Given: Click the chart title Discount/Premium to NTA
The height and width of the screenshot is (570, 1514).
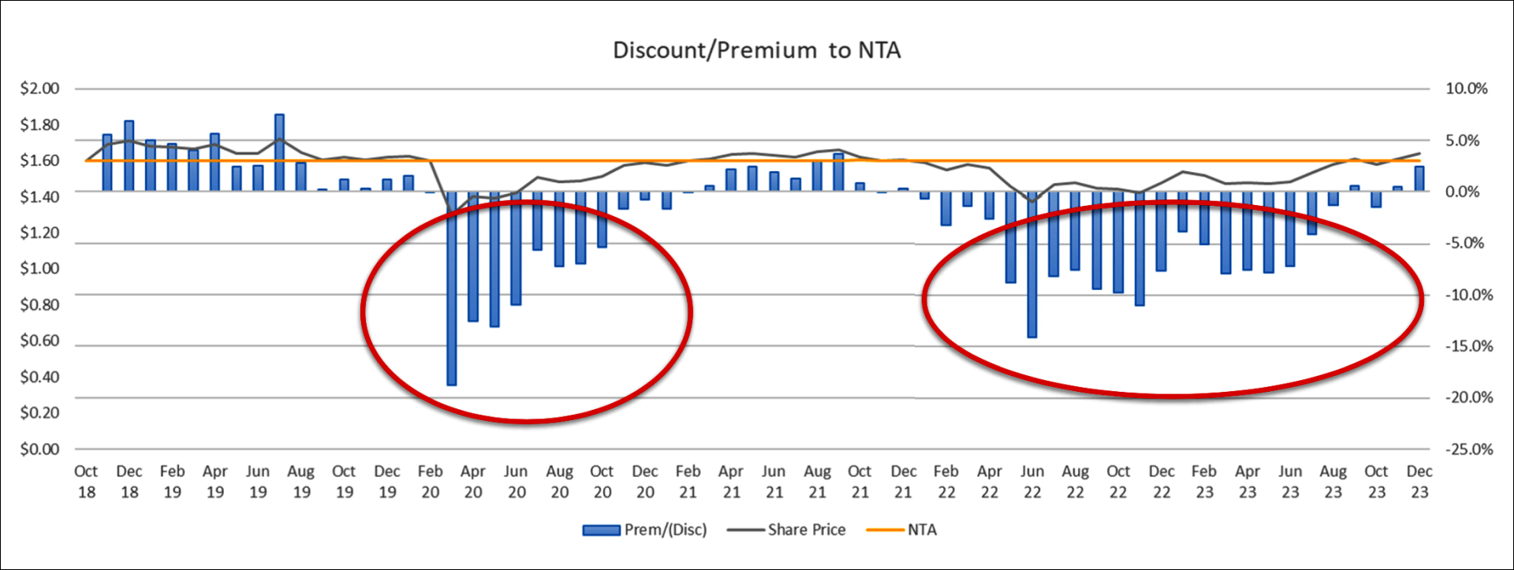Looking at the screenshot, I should pos(756,50).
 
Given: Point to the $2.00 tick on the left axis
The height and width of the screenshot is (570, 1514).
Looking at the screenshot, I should pos(39,88).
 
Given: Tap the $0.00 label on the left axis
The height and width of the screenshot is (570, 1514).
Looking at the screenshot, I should pos(39,449).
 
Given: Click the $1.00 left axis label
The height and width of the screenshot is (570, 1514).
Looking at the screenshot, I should pos(39,269).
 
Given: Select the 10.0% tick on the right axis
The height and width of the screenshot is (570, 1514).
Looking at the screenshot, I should pos(1466,88).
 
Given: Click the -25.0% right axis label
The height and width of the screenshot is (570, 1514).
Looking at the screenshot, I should pos(1468,449).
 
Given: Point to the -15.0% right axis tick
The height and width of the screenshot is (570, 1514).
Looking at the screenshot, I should pos(1468,346).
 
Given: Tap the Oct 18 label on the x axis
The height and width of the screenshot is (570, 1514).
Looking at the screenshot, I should pos(86,482).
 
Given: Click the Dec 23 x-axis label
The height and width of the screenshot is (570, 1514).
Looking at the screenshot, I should pos(1419,482).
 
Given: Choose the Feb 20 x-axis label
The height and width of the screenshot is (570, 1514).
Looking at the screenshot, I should pos(430,482).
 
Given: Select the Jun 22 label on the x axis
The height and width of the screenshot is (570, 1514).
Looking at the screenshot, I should pos(1032,482).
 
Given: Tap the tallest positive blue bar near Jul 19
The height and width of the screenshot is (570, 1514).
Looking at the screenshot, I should pos(279,152).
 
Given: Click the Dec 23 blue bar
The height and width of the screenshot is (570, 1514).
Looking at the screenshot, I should pos(1419,178).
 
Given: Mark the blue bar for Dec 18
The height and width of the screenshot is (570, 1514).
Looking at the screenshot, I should pos(129,155).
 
